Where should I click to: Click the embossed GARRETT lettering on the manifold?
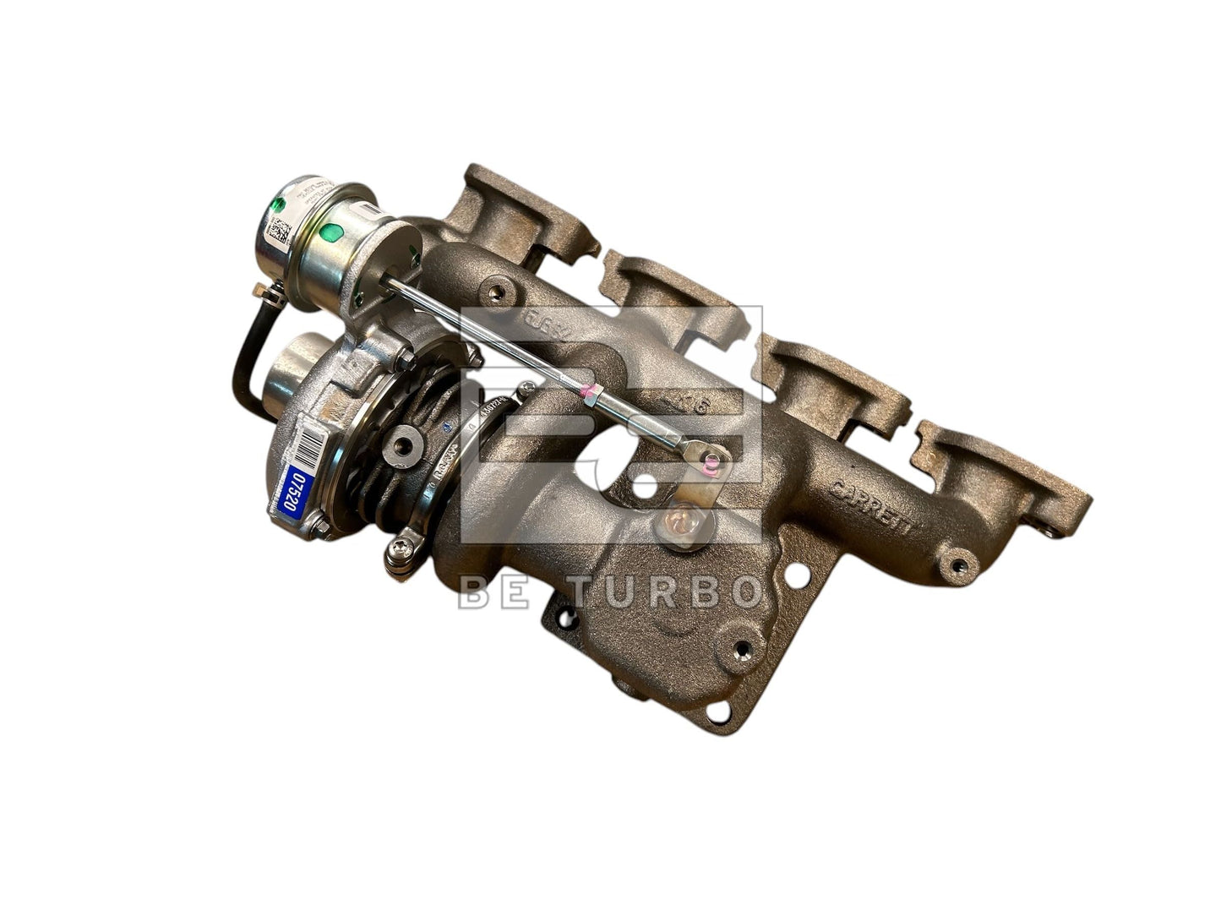(x=871, y=505)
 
